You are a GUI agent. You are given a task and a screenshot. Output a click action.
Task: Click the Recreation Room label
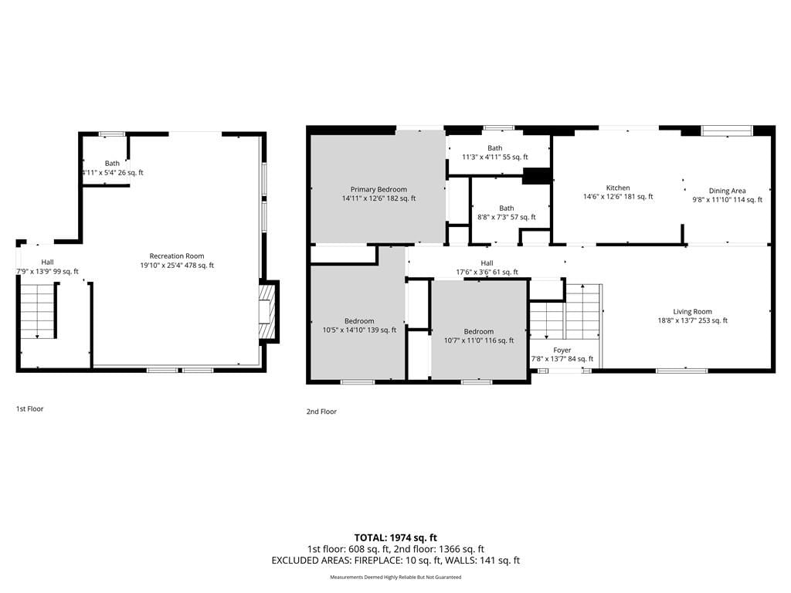[177, 261]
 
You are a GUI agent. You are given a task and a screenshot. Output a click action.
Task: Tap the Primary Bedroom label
[379, 194]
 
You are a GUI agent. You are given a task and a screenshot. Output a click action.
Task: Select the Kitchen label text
[618, 192]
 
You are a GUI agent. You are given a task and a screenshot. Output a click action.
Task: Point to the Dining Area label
[728, 195]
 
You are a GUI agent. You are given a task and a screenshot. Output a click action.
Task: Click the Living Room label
[693, 316]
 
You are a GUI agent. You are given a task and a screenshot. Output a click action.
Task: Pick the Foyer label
[562, 354]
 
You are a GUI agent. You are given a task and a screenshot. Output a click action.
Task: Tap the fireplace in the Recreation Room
[267, 312]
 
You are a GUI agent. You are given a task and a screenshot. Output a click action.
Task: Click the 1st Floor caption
[30, 409]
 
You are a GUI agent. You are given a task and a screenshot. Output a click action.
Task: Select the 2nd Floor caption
[321, 412]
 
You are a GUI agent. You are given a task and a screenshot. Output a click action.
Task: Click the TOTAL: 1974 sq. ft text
[395, 537]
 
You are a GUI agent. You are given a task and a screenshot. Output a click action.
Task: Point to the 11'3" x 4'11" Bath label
[495, 152]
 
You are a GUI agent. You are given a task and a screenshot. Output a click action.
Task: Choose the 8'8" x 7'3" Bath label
[507, 213]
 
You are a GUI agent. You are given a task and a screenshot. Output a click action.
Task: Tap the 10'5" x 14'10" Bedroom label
[359, 326]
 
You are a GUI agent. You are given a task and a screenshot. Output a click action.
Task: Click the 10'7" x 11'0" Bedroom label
[479, 336]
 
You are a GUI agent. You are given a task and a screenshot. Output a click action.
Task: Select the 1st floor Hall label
[47, 266]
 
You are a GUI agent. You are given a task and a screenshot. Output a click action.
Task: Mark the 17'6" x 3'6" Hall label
[487, 267]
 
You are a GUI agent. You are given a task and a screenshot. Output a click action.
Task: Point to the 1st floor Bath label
[113, 168]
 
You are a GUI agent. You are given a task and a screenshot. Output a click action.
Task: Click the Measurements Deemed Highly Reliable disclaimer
[395, 577]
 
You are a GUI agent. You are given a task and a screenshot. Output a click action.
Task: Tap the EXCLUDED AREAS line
[395, 561]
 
